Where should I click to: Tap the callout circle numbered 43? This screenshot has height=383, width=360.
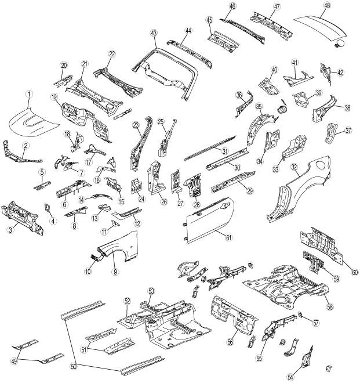click(155, 35)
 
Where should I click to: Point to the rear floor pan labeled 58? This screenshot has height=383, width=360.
click(284, 284)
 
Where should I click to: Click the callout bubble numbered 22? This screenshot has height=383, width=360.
click(112, 54)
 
